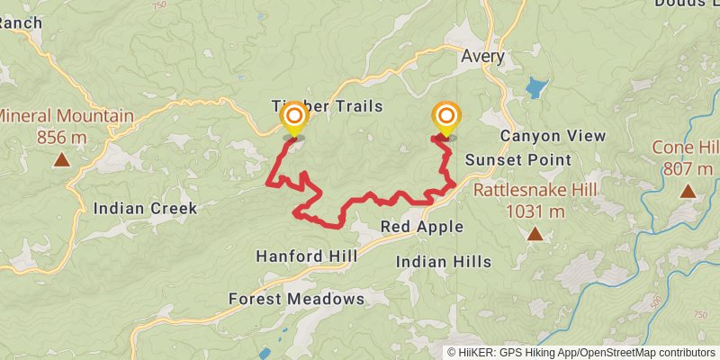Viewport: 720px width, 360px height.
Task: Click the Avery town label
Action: tap(483, 57)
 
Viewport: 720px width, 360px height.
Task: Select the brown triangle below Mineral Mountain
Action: tap(61, 160)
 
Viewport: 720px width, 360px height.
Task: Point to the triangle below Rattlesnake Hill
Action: tap(535, 234)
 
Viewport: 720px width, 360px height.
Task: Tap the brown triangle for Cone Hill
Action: tap(688, 191)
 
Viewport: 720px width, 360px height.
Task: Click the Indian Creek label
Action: tap(145, 209)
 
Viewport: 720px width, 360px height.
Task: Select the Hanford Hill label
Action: tap(307, 256)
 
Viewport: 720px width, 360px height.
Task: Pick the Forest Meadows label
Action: tap(296, 299)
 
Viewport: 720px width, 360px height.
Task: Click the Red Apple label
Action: tap(422, 227)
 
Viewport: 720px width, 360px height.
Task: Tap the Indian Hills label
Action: tap(445, 262)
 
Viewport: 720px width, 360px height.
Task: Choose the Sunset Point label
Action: tap(518, 160)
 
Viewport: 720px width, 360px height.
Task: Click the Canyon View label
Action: tap(553, 136)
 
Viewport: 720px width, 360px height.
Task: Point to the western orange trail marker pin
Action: tap(293, 117)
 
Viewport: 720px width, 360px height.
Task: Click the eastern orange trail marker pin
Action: tap(445, 117)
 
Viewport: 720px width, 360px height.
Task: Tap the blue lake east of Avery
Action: tap(536, 88)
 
